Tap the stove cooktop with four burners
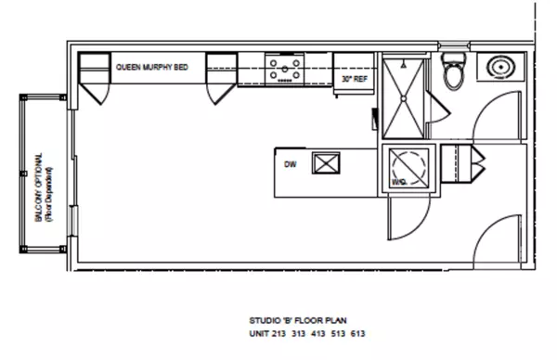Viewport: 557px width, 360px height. [x=284, y=70]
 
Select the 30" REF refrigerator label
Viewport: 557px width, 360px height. [x=353, y=80]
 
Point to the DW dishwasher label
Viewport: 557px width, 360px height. [x=290, y=166]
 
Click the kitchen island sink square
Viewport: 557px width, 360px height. [x=327, y=165]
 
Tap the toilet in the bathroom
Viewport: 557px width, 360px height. [x=453, y=72]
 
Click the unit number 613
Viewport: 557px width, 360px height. [x=369, y=333]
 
